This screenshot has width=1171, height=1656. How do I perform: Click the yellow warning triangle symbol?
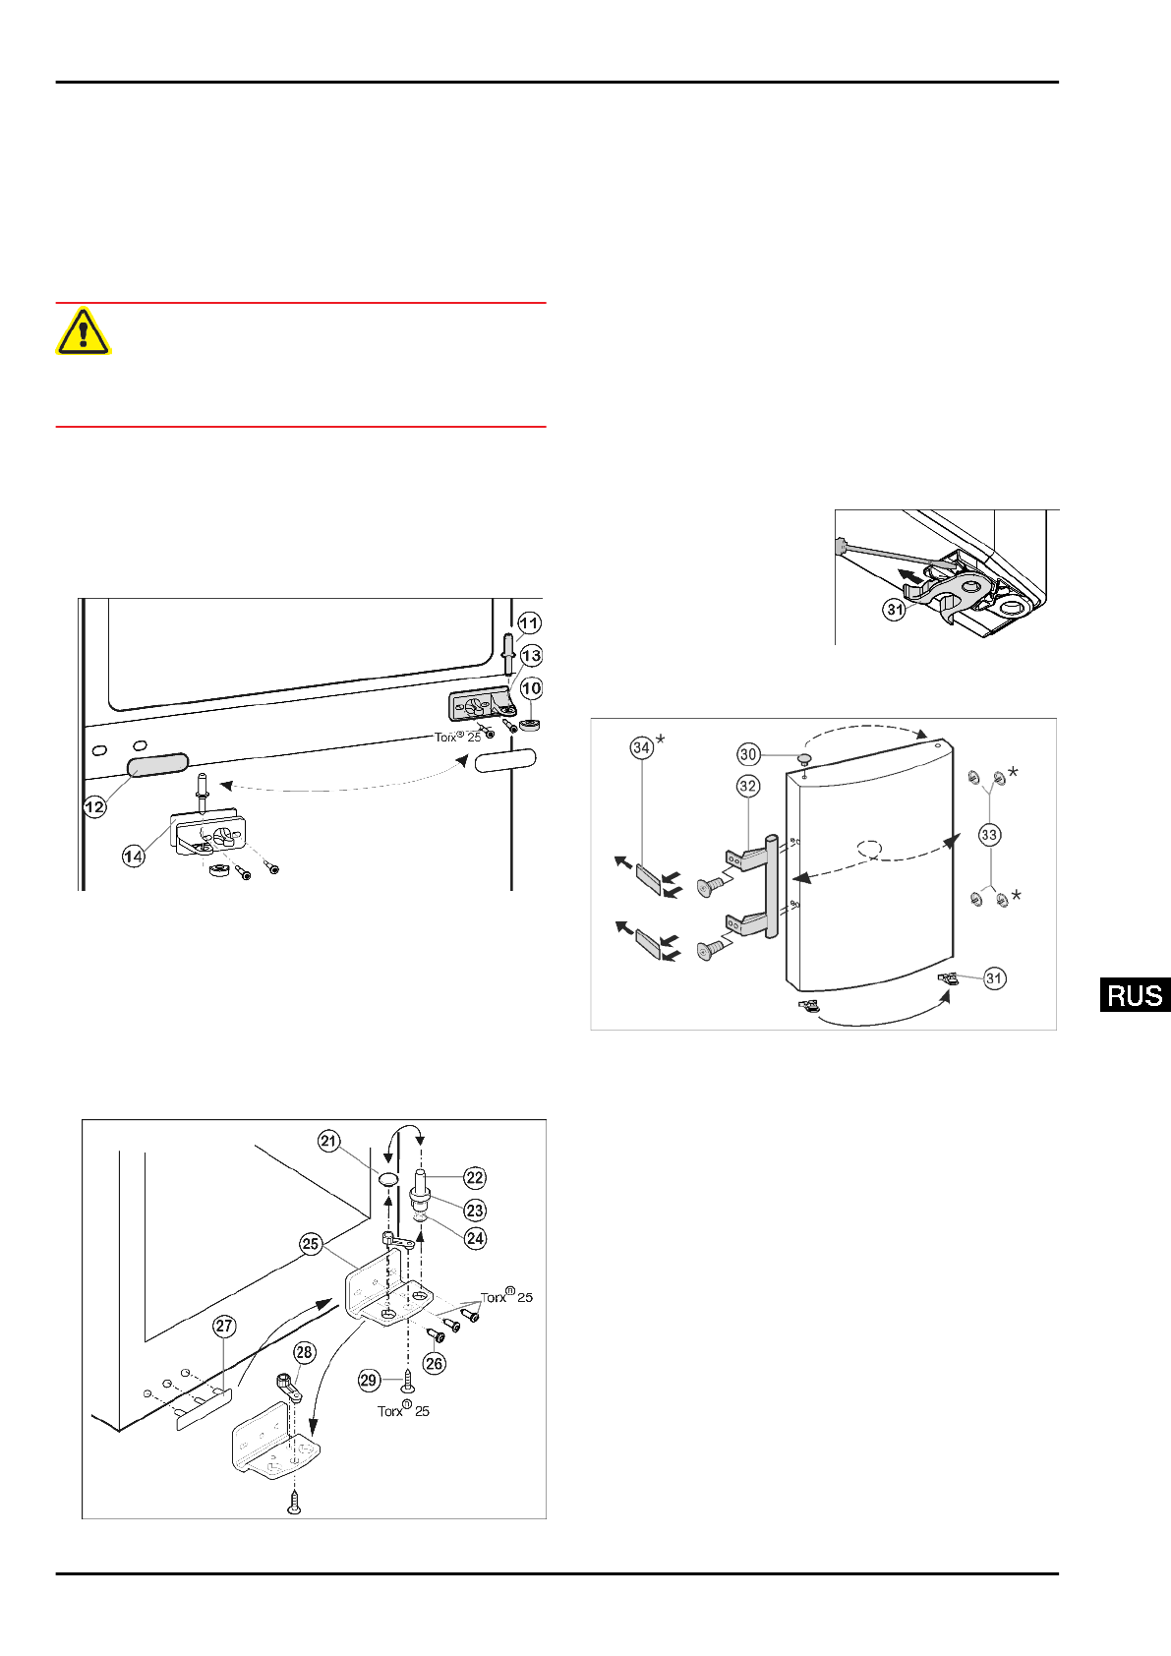(x=84, y=331)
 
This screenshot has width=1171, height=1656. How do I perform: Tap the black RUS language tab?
(x=1135, y=995)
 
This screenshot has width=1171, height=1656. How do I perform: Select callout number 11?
(x=529, y=622)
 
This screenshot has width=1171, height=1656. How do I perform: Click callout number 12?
(x=94, y=807)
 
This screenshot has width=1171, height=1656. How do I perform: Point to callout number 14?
(x=133, y=857)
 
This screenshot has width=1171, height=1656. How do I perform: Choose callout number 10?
(x=531, y=688)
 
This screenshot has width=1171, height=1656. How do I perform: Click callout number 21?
(x=328, y=1141)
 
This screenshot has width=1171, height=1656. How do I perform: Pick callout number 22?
(x=475, y=1178)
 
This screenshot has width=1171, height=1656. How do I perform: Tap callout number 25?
(x=311, y=1244)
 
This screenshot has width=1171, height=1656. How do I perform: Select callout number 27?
(x=224, y=1327)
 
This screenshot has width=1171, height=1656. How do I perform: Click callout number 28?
(x=305, y=1352)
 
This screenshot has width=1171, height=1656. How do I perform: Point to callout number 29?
(x=369, y=1380)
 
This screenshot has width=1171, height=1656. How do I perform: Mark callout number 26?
(x=435, y=1363)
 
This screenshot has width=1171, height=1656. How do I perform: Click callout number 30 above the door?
(x=748, y=754)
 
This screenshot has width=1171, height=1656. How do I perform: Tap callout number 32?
(x=748, y=786)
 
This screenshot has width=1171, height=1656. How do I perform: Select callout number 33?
(x=989, y=835)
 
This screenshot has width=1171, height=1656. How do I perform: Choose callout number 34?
(x=641, y=748)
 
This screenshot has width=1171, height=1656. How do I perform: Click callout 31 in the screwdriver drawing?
(x=894, y=610)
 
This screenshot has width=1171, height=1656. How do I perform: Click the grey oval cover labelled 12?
(x=157, y=765)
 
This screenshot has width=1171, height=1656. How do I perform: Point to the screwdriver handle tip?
(x=841, y=545)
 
